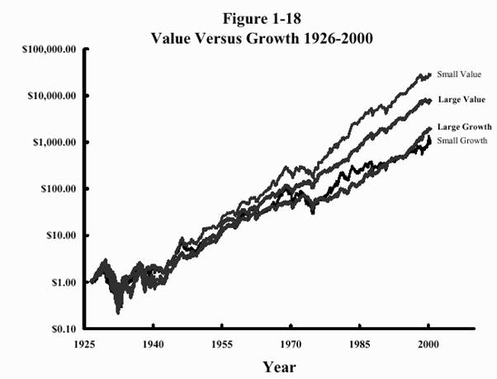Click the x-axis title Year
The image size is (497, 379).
pos(279,366)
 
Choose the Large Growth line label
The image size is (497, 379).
pos(464,127)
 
